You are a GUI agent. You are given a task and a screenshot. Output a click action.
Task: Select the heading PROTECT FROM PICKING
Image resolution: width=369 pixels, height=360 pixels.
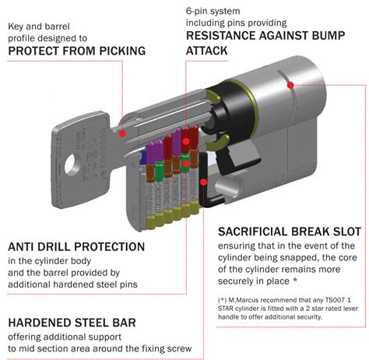76,51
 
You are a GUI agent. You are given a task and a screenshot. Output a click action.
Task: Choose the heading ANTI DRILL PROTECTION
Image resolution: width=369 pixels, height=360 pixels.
76,246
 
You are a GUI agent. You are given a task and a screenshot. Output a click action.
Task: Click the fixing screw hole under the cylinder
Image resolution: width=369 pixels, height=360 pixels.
229,187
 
